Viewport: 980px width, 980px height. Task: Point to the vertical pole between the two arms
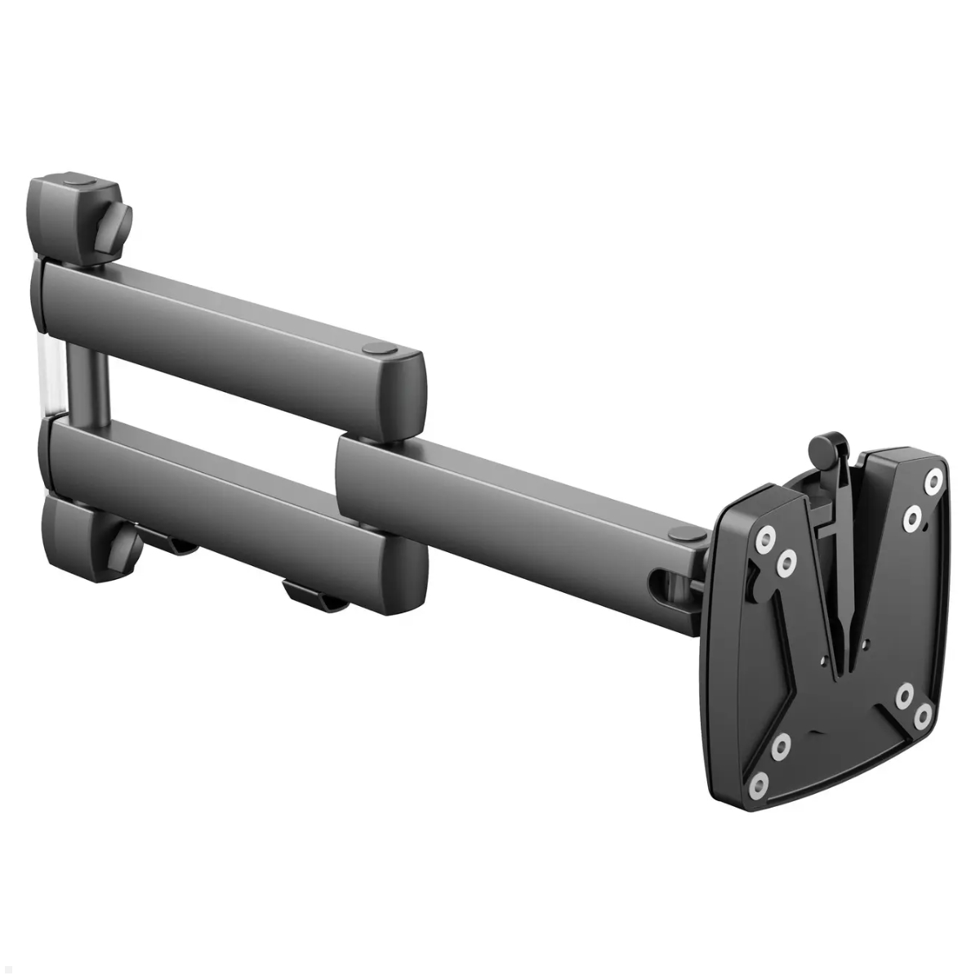coord(88,384)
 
